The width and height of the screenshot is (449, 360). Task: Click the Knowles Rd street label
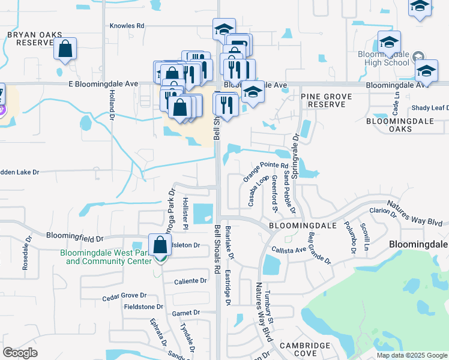tap(127, 26)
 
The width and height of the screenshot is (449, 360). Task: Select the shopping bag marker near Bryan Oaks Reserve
tap(65, 49)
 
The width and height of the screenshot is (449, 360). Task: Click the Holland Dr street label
tap(112, 110)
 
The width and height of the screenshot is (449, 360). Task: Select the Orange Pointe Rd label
tap(267, 165)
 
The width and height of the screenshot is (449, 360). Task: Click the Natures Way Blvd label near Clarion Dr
tap(419, 213)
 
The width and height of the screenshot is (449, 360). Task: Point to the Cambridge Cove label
tap(305, 349)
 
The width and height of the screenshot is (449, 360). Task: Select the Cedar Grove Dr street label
tap(124, 295)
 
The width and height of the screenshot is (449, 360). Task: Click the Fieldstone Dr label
tap(143, 306)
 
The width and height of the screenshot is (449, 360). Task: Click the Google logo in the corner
tap(20, 353)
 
